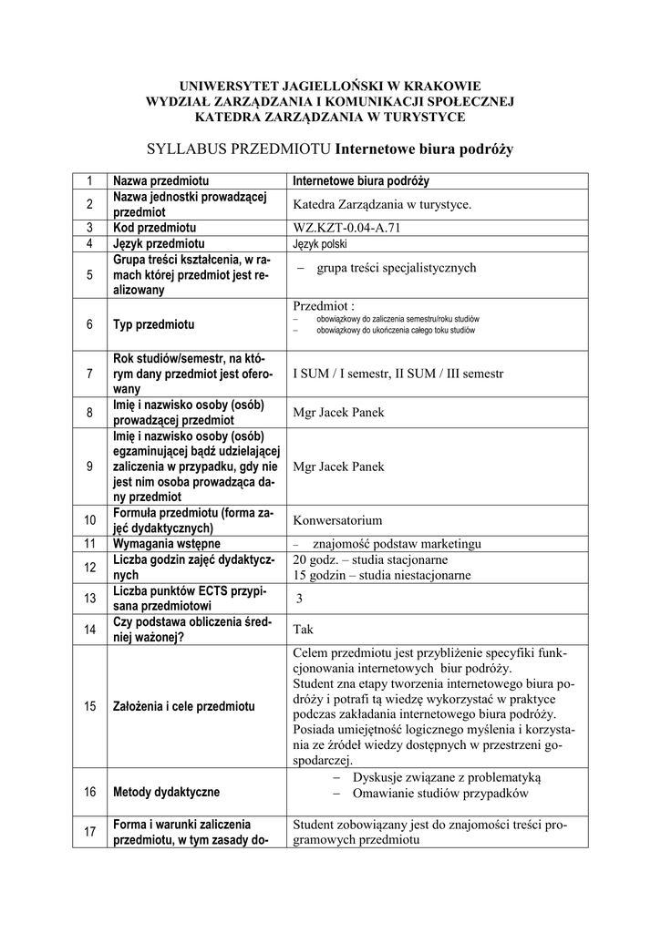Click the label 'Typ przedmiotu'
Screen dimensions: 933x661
[154, 325]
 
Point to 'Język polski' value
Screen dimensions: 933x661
[320, 244]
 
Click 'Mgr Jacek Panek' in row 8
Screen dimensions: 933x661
[338, 413]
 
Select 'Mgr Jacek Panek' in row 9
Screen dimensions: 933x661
[338, 466]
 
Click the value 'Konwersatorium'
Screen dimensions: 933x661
[337, 521]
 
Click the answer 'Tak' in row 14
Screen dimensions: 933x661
[303, 629]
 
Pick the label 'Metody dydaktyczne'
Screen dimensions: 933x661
[166, 792]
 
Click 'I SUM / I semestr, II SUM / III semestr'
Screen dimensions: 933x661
[398, 374]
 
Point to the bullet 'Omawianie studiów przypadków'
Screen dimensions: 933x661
[440, 794]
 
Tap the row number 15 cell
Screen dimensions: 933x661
[89, 706]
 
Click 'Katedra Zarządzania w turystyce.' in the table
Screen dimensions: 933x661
[382, 204]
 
